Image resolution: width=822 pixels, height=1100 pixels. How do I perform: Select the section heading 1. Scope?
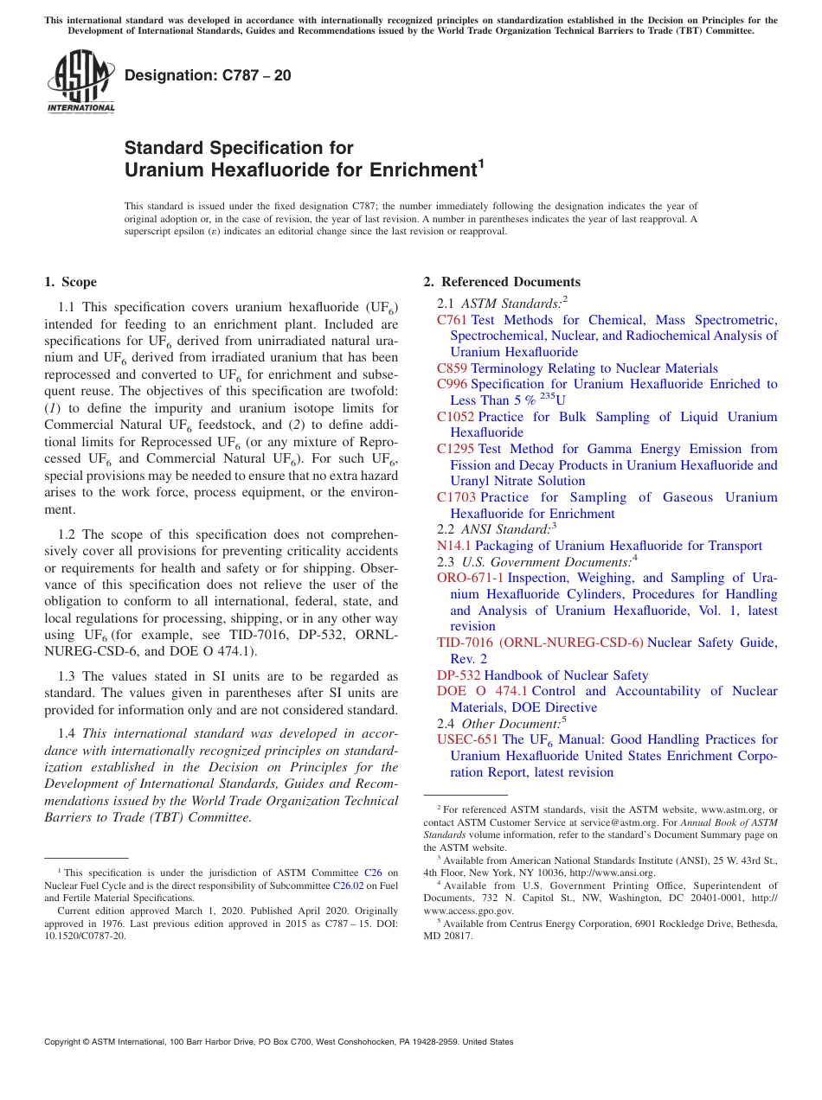70,282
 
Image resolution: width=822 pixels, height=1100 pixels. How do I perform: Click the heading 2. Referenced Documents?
502,282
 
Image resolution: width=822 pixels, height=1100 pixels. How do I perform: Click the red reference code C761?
452,320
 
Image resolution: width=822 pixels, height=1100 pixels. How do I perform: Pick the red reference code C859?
452,368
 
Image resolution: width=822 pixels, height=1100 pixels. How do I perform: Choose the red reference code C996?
452,384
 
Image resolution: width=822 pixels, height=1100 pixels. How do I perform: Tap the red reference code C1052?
455,417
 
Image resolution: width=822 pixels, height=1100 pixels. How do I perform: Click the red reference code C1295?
455,449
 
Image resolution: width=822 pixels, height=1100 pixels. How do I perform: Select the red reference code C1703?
455,497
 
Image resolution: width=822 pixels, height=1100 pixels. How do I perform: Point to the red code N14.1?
453,546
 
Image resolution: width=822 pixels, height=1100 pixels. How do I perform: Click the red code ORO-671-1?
470,578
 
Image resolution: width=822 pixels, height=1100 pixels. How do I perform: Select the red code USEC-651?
467,739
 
